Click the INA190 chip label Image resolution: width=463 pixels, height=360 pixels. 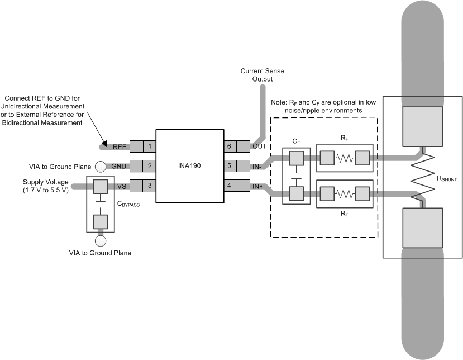coord(189,166)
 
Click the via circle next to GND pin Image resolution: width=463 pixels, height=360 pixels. coord(101,166)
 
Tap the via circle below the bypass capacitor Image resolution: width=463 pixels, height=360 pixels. coord(101,241)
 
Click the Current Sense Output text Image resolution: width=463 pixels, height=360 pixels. coord(256,75)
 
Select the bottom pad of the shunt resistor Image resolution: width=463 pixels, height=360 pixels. coord(423,228)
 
